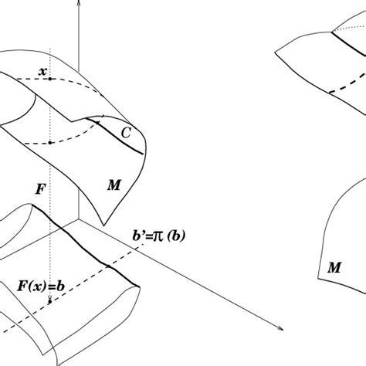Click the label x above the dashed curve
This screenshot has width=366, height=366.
coord(42,72)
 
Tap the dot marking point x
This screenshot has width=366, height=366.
coord(50,79)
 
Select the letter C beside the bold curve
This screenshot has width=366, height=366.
coord(126,133)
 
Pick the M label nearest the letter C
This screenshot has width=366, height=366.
coord(114,185)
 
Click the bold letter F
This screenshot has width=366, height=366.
coord(40,190)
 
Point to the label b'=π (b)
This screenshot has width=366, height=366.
coord(159,236)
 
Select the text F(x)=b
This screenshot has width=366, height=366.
coord(41,286)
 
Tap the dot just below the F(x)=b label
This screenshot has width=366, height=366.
coord(50,301)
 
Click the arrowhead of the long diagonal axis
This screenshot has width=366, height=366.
coord(280,328)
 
